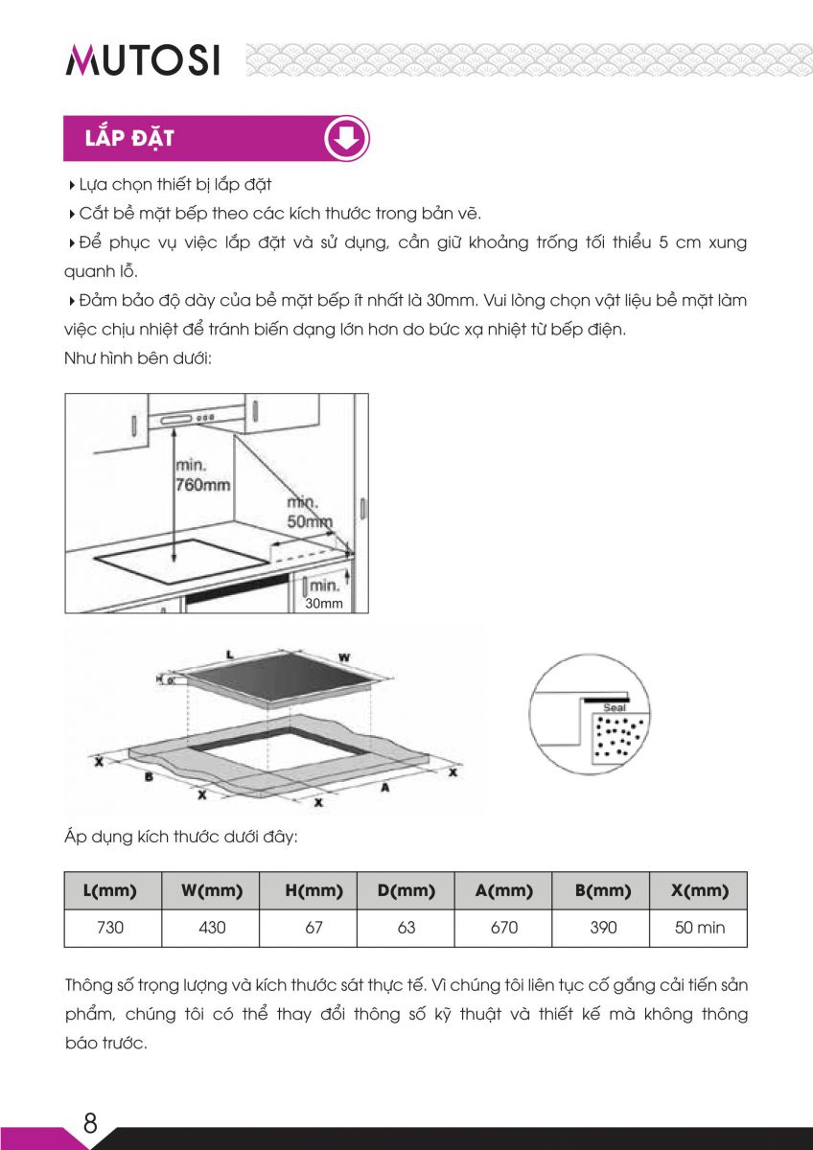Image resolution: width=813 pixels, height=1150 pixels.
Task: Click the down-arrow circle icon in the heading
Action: [346, 139]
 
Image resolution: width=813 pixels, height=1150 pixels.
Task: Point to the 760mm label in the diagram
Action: [202, 485]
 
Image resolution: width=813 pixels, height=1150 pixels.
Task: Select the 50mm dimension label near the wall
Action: [310, 521]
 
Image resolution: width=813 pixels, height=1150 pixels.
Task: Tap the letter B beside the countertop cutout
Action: [149, 776]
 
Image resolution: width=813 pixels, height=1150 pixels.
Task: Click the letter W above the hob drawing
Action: [344, 656]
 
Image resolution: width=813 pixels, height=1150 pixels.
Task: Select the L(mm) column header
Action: [113, 890]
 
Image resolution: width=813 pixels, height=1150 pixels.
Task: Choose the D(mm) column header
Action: [406, 890]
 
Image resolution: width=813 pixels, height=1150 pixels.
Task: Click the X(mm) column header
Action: [699, 890]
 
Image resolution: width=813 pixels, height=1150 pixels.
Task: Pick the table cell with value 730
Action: [113, 928]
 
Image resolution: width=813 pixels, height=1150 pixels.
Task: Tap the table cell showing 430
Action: [211, 928]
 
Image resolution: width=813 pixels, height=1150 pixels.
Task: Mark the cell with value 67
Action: [309, 928]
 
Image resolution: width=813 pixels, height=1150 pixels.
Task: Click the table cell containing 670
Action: [503, 928]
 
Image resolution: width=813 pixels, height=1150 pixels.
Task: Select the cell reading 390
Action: [601, 928]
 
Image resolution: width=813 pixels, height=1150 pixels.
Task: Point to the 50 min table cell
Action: [699, 928]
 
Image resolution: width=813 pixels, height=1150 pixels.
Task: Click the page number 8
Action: [90, 1123]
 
